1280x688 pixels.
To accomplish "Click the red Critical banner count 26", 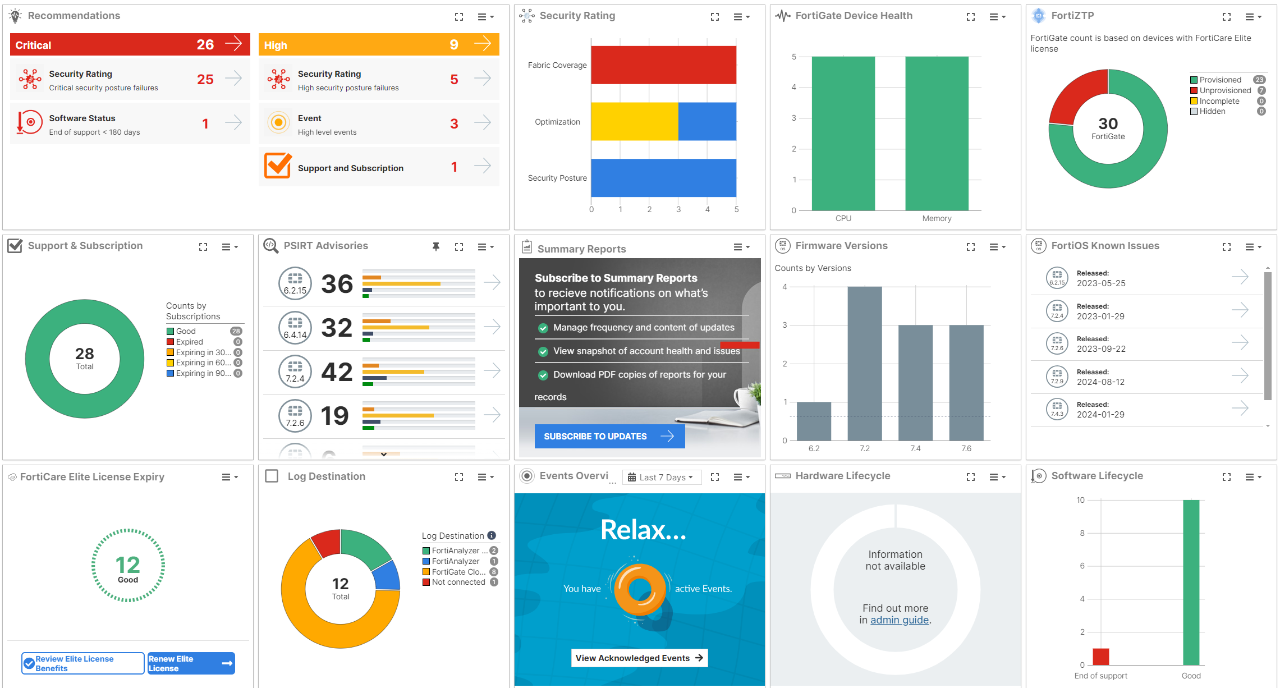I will click(x=205, y=45).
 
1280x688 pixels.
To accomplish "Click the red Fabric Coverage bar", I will click(x=663, y=65).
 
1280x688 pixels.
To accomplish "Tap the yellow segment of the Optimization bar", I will click(x=634, y=121).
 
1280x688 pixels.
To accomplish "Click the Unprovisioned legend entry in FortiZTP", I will click(x=1225, y=90).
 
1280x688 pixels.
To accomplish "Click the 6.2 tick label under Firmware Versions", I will click(x=814, y=448).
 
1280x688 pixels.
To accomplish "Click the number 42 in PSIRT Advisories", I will click(x=337, y=372).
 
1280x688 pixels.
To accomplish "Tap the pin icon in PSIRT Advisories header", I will click(x=436, y=247).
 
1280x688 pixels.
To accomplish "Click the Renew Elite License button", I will click(x=191, y=663).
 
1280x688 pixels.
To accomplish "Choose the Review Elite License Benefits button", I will click(x=82, y=663).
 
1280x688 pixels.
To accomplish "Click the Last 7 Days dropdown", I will click(x=662, y=477).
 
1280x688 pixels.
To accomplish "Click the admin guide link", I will click(x=900, y=620).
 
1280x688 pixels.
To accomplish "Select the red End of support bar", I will click(x=1100, y=657).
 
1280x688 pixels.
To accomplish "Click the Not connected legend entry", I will click(x=458, y=582).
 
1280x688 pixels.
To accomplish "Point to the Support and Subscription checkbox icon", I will click(x=278, y=166).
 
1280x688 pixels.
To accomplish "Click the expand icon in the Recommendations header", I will click(x=459, y=17).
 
